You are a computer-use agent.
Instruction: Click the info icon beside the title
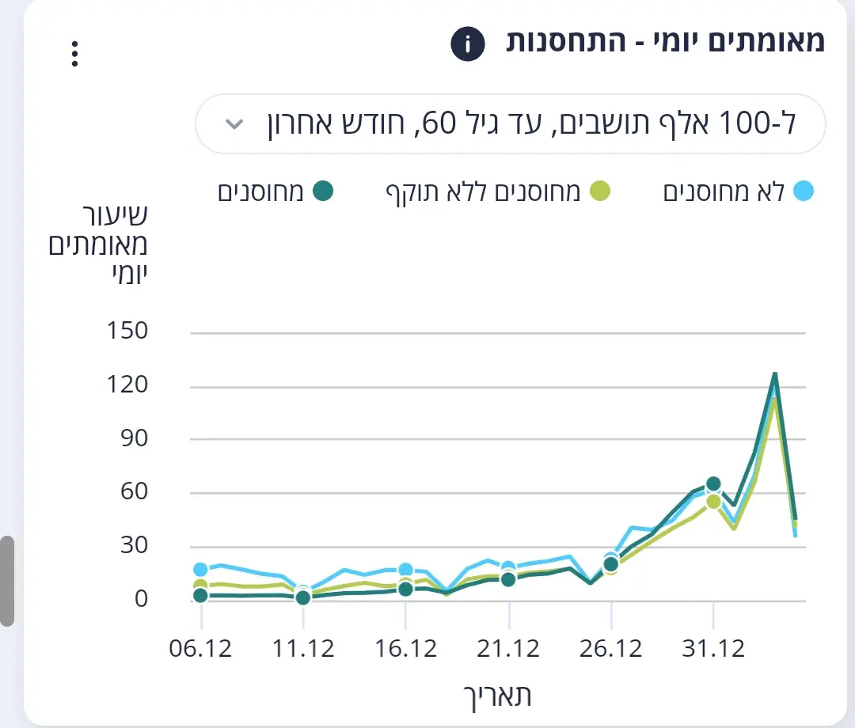coord(467,44)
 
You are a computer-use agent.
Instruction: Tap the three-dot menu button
coord(74,54)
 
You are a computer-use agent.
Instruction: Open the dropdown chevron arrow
coord(234,124)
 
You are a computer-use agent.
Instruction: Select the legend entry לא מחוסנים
coord(737,192)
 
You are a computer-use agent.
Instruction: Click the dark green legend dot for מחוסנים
coord(323,191)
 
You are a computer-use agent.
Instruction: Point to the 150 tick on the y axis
coord(127,331)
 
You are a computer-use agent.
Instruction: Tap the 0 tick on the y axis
coord(140,599)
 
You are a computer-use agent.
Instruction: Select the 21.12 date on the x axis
coord(507,649)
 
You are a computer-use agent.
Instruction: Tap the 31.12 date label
coord(712,649)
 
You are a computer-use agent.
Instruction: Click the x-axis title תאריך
coord(497,696)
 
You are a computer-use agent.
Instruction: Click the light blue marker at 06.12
coord(200,570)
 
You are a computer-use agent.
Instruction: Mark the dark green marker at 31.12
coord(713,484)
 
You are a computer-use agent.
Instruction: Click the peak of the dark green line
coord(775,373)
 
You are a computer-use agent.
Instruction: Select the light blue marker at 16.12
coord(405,570)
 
